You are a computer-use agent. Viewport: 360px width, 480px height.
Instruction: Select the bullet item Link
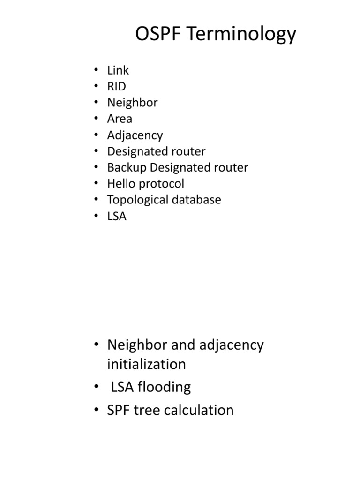point(118,70)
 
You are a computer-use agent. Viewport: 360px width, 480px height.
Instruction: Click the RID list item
point(116,86)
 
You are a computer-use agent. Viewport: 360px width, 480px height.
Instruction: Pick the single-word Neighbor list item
point(132,103)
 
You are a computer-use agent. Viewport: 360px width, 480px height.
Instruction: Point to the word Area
point(120,119)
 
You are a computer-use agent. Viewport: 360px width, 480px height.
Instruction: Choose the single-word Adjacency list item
point(135,135)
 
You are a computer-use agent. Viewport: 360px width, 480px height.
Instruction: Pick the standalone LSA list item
point(117,216)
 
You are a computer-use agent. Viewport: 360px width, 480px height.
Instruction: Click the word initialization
point(146,364)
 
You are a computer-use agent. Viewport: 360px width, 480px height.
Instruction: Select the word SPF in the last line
point(120,410)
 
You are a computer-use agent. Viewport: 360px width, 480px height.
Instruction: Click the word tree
point(151,410)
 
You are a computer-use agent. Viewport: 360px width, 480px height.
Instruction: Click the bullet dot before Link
point(96,70)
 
